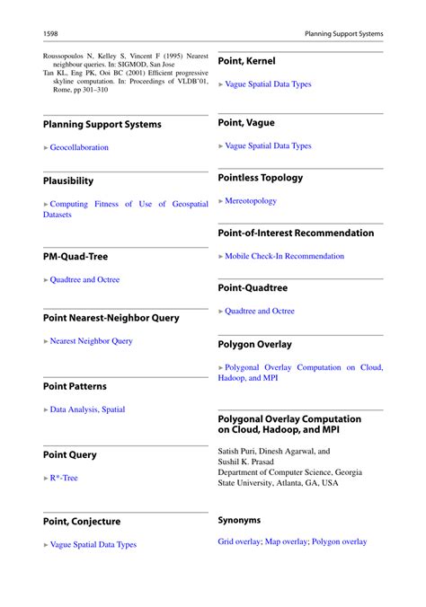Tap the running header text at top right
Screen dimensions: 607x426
(x=343, y=33)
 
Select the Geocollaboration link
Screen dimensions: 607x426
(x=79, y=147)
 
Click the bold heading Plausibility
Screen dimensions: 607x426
(x=68, y=180)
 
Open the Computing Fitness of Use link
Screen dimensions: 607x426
(x=126, y=205)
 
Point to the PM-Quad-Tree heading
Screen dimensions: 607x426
(x=75, y=256)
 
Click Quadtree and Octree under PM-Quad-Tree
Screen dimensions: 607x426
(x=84, y=279)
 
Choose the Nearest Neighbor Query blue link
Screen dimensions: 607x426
(x=91, y=341)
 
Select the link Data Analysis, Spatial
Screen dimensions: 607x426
(x=87, y=409)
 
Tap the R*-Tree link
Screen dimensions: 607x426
(x=64, y=478)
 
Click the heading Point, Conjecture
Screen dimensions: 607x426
(x=82, y=521)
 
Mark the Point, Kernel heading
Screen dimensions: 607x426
(x=247, y=61)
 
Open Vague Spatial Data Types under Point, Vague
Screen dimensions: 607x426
(x=268, y=145)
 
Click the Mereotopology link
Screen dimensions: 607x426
(x=251, y=201)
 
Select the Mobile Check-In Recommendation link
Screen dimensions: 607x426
(x=284, y=256)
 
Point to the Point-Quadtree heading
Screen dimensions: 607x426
(x=253, y=288)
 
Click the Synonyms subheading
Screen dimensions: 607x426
(x=239, y=520)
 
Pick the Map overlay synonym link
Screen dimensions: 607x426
(x=287, y=541)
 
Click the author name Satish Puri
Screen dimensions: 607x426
(x=238, y=452)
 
